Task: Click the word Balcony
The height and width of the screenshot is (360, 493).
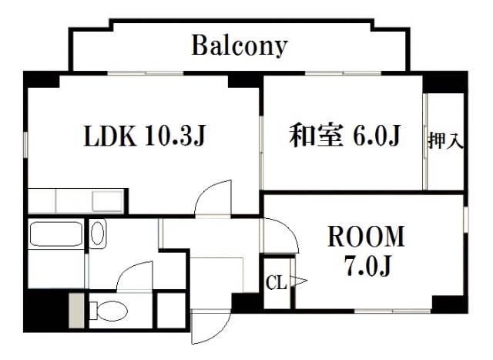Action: coord(240,46)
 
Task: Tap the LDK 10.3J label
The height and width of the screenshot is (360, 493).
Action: coord(145,136)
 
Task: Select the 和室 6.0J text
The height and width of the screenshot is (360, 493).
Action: coord(344,136)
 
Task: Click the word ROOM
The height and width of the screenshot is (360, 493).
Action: coord(366,236)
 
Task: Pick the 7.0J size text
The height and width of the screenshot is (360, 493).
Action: coord(367,265)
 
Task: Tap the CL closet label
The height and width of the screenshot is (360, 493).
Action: coord(277,283)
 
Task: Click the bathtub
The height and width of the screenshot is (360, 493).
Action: coord(56,234)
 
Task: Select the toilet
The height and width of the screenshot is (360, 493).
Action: coord(109,311)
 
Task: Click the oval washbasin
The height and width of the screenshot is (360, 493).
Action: coord(98,233)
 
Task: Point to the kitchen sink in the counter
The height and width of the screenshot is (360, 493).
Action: coord(107,200)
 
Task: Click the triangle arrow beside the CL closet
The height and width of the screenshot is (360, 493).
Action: coord(299,281)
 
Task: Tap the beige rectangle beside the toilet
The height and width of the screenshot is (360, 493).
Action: coord(76,311)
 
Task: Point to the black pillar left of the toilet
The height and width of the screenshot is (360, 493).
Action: coord(46,310)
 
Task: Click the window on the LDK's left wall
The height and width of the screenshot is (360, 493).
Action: coord(25,145)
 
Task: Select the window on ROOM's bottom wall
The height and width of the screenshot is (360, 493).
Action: coord(392,311)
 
